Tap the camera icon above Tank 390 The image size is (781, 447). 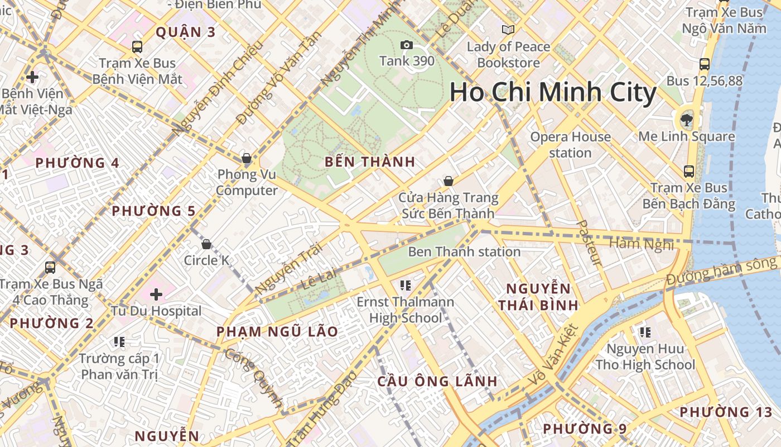click(407, 45)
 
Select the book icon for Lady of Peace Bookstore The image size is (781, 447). click(508, 30)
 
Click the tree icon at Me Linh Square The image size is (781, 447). click(687, 120)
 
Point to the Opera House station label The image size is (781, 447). click(570, 145)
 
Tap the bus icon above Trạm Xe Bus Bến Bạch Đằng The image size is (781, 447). click(689, 171)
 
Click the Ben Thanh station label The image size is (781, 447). click(464, 252)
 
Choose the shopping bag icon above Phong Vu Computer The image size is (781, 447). click(247, 158)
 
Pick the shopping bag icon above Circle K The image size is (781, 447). click(206, 244)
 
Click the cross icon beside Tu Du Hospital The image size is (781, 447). click(156, 294)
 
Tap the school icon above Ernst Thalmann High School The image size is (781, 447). click(406, 286)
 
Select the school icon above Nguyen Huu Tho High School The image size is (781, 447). click(645, 333)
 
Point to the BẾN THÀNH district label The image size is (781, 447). click(370, 162)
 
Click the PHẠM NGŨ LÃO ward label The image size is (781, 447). click(277, 331)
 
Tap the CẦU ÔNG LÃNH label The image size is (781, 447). click(437, 382)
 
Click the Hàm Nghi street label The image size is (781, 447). click(641, 244)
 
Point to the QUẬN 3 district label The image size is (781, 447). click(185, 32)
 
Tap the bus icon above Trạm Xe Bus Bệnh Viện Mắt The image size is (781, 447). click(137, 47)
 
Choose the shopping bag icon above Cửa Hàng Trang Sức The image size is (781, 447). click(448, 181)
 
